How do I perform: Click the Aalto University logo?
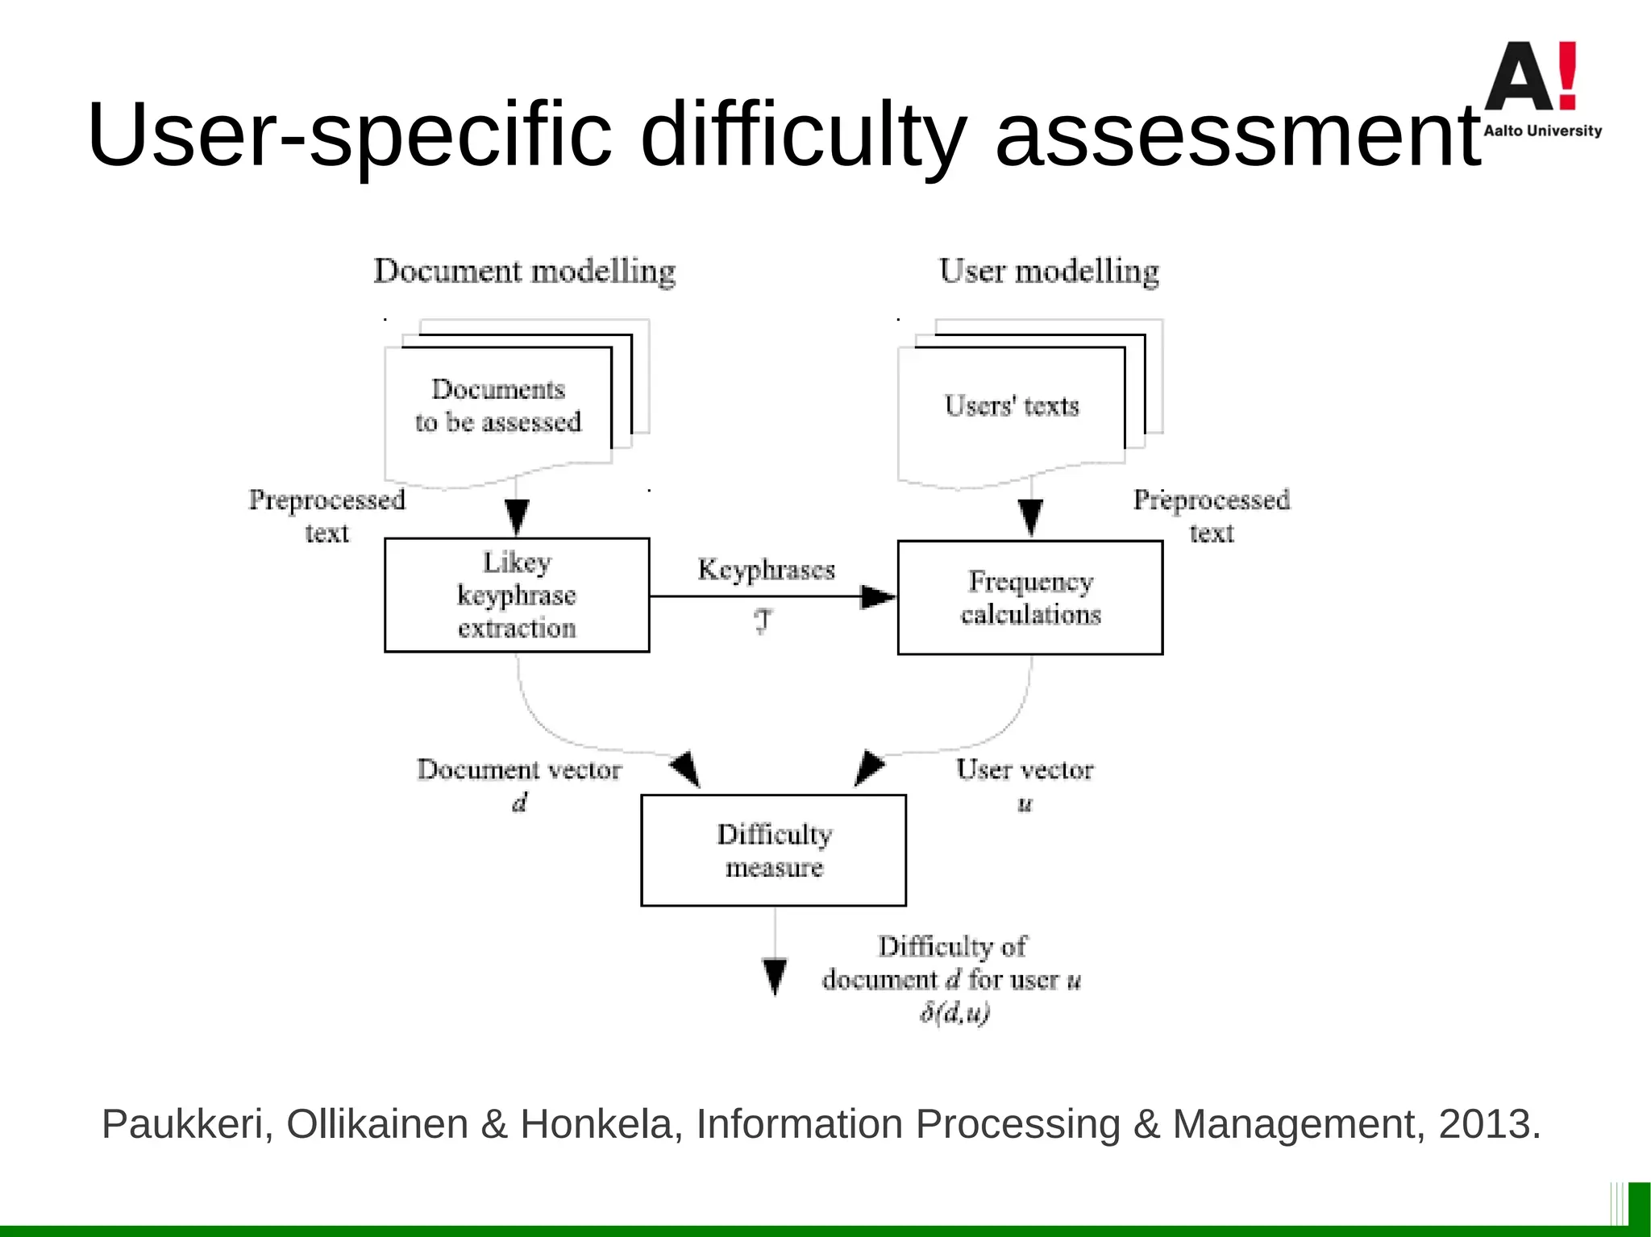coord(1541,89)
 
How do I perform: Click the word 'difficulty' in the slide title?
coord(803,135)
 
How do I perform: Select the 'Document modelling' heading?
coord(525,272)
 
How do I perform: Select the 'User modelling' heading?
coord(1049,272)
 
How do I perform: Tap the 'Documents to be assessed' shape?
coord(498,406)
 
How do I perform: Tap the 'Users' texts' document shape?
coord(1012,406)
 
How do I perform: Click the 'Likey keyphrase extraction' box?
coord(517,595)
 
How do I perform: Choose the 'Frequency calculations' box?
coord(1030,597)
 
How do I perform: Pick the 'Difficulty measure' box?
coord(774,850)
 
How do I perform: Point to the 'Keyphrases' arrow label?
coord(766,570)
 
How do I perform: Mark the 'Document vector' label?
coord(519,770)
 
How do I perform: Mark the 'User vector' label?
coord(1025,770)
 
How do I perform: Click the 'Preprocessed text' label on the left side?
coord(326,516)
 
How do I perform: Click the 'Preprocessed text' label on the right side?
coord(1212,516)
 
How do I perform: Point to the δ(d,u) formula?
coord(954,1013)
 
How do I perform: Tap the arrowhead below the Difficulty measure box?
coord(775,976)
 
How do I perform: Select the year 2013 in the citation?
coord(1484,1124)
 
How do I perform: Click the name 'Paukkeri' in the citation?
coord(182,1124)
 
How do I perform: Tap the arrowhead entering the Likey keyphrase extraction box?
coord(517,517)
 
